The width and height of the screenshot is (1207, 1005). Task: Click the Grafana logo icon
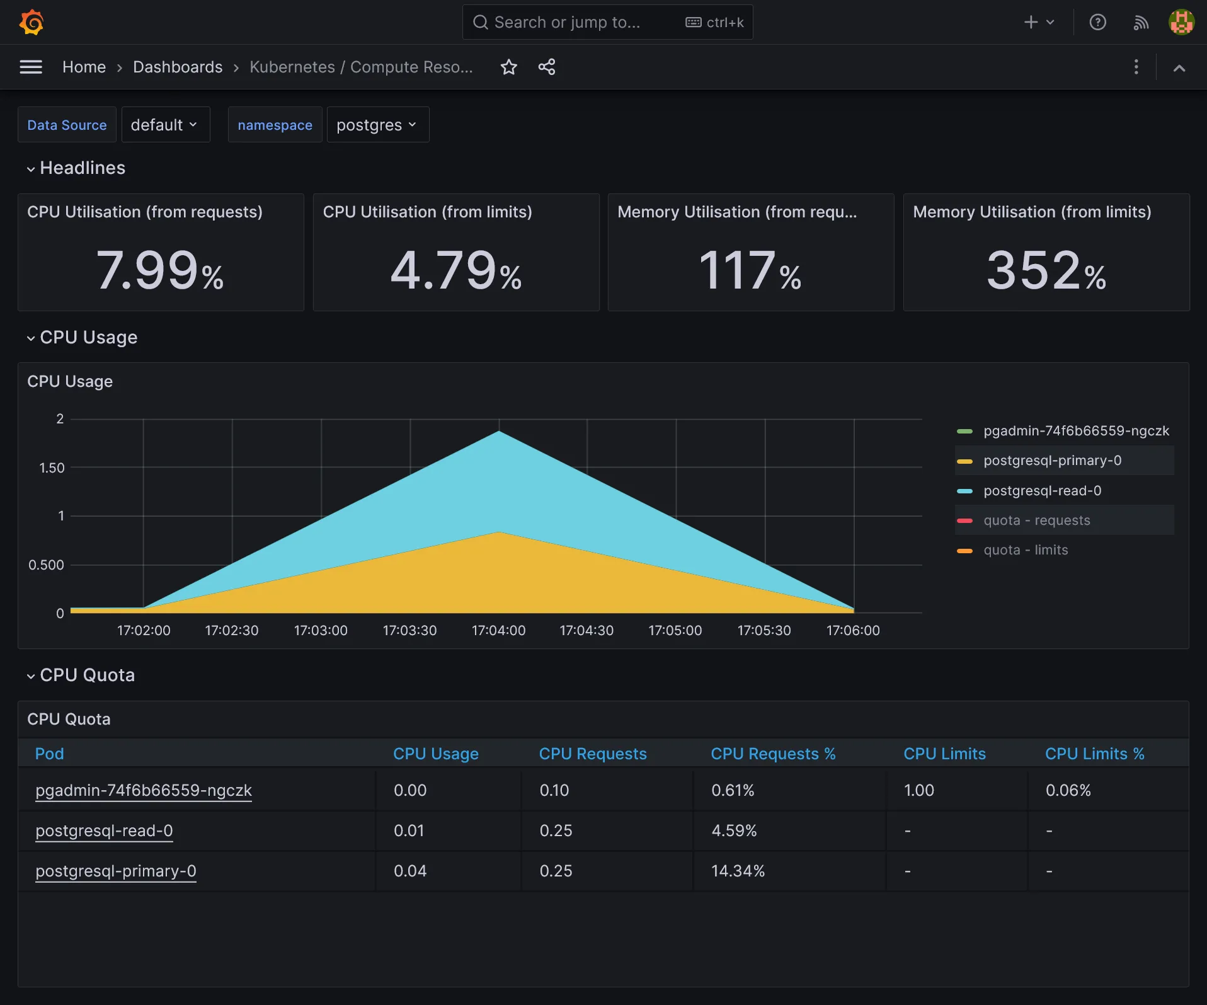(x=31, y=23)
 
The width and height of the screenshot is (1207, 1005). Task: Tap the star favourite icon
(x=508, y=67)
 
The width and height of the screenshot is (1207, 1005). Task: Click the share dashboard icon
(x=547, y=67)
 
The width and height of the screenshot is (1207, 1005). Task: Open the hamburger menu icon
(x=31, y=67)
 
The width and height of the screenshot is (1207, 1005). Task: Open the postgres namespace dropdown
(x=377, y=125)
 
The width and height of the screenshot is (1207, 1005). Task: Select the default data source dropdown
(x=164, y=125)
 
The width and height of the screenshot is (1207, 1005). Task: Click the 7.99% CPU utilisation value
(x=160, y=271)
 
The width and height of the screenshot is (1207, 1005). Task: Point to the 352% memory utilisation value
(x=1046, y=271)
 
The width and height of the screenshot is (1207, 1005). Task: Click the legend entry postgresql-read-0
(x=1042, y=491)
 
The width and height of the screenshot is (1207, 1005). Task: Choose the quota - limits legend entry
(x=1026, y=550)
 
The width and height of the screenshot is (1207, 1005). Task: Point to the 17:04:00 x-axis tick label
(x=498, y=631)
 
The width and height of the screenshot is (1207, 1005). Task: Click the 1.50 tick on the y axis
(x=52, y=468)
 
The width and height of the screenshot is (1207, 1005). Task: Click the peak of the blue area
(x=499, y=432)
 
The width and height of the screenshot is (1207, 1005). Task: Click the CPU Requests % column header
(x=773, y=754)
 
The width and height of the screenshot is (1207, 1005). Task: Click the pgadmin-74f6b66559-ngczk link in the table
(x=144, y=790)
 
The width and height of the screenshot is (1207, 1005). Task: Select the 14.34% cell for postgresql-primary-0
(x=738, y=871)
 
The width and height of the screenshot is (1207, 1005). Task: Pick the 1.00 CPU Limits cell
(x=918, y=790)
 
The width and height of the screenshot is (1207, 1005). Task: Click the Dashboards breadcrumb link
(x=178, y=67)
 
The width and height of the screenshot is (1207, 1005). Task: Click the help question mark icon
(x=1097, y=23)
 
